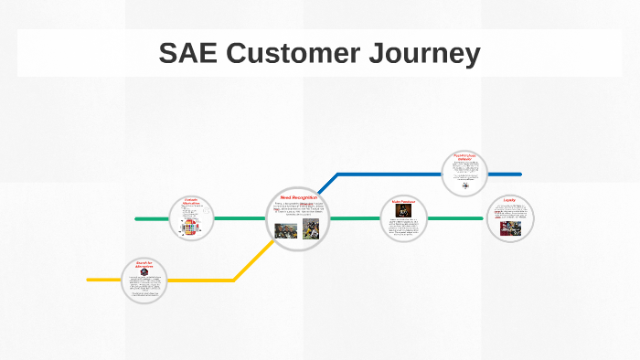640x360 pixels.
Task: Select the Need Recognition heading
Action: coord(299,198)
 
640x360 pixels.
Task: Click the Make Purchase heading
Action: coord(403,201)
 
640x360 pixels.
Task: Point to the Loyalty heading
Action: coord(509,199)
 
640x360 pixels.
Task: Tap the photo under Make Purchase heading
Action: coord(403,211)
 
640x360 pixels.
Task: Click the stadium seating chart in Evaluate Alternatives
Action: coord(191,226)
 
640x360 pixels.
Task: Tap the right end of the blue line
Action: coord(519,174)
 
